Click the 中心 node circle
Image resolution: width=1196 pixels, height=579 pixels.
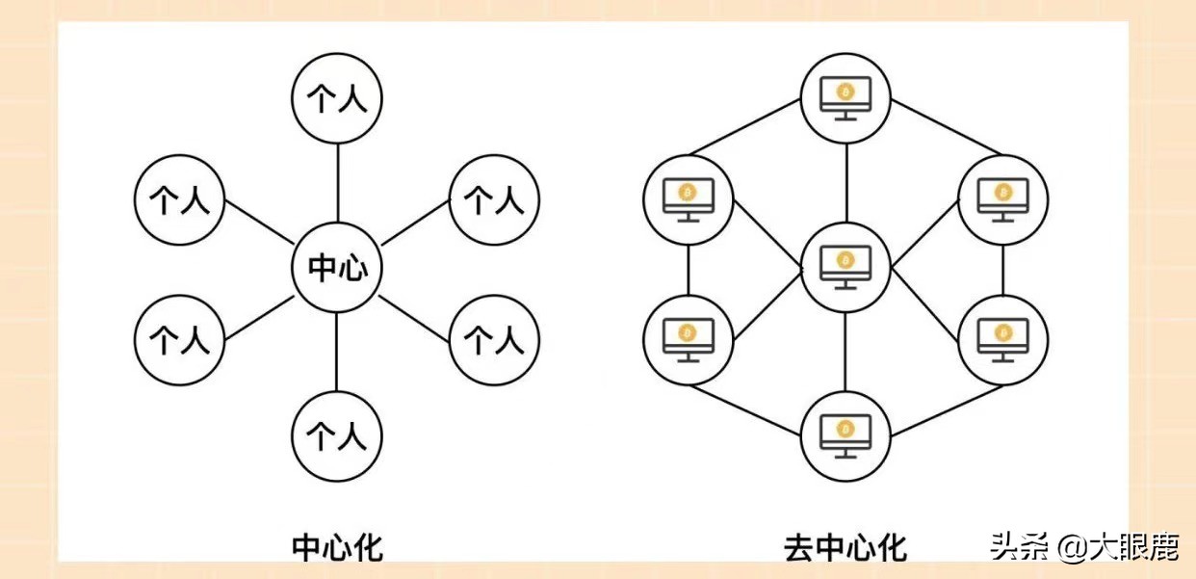point(337,268)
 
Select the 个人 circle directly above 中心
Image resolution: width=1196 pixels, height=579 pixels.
point(337,99)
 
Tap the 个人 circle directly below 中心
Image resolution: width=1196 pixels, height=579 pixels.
point(337,436)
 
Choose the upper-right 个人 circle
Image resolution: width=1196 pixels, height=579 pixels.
point(494,200)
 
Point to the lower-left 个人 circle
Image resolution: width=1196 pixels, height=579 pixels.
point(180,339)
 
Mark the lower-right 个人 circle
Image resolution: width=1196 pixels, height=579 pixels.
point(494,339)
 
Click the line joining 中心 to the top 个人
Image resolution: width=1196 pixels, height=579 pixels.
point(337,183)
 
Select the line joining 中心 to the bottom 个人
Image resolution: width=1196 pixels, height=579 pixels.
point(337,352)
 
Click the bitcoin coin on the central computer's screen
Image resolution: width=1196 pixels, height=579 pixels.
point(845,259)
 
